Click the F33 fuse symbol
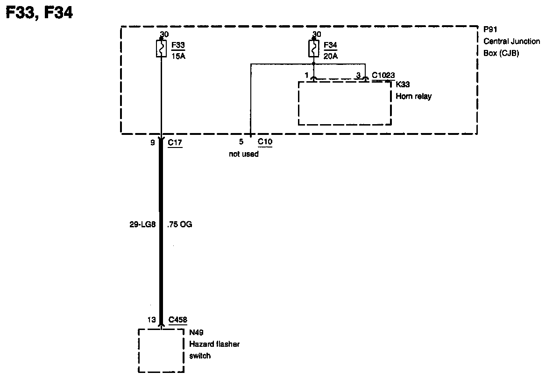[161, 49]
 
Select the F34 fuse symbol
[313, 48]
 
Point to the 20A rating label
[331, 56]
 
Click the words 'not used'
[243, 154]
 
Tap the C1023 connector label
[383, 75]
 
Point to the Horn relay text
[414, 97]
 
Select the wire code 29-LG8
[143, 225]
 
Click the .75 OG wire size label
[179, 225]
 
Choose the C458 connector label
[177, 320]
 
